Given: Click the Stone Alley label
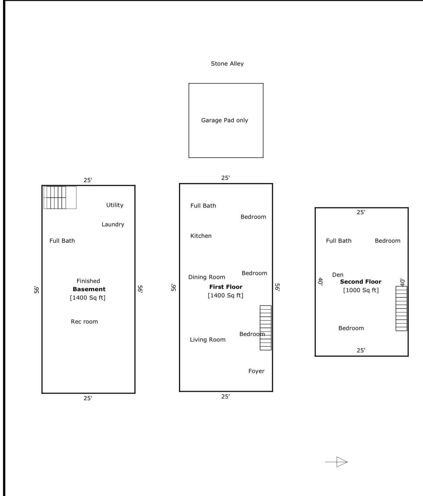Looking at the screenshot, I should [227, 64].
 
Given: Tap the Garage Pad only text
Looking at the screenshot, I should [225, 120].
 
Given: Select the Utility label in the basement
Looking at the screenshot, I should [115, 205].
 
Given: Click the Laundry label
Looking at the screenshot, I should [113, 224].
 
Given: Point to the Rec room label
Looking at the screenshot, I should [84, 321].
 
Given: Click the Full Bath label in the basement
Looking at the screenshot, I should [62, 241].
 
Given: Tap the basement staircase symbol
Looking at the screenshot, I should [60, 197].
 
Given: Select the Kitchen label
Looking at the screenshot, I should [201, 236].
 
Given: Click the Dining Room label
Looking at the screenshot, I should [207, 277].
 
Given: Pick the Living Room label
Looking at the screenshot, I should [208, 340].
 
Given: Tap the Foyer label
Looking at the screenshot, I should [256, 371].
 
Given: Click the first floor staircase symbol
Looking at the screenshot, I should [266, 328].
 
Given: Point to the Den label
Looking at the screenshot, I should [337, 275].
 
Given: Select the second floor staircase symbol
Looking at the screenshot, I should [401, 308].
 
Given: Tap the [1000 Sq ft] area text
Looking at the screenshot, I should [361, 290].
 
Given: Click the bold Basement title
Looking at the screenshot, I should [89, 289].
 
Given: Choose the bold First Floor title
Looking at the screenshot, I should [226, 287].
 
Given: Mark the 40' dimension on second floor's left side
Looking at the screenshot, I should [321, 281].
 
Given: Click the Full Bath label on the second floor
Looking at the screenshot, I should [338, 241].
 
